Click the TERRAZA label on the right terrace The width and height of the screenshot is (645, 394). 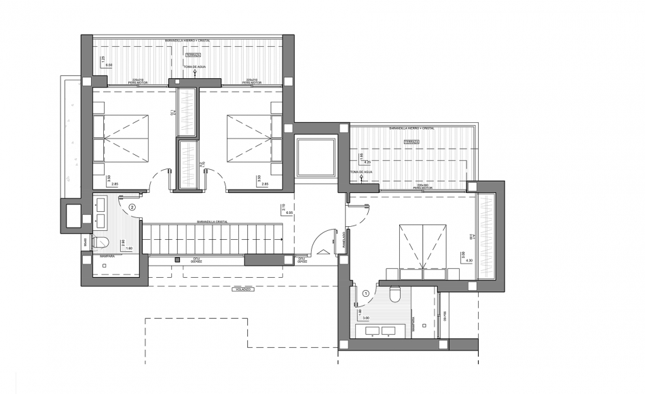click(411, 141)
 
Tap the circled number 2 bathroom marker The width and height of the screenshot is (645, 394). click(132, 207)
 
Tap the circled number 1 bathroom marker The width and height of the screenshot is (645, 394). click(367, 293)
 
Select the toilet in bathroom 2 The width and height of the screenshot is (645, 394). click(100, 243)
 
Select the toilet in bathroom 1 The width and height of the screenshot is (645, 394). click(395, 293)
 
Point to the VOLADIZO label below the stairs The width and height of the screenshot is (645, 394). click(244, 290)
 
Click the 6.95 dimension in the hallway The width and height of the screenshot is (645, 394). click(289, 213)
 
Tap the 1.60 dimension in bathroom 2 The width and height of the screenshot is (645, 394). click(130, 249)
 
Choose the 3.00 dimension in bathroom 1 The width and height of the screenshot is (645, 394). click(365, 317)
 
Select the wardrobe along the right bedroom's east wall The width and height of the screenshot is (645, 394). click(486, 235)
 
